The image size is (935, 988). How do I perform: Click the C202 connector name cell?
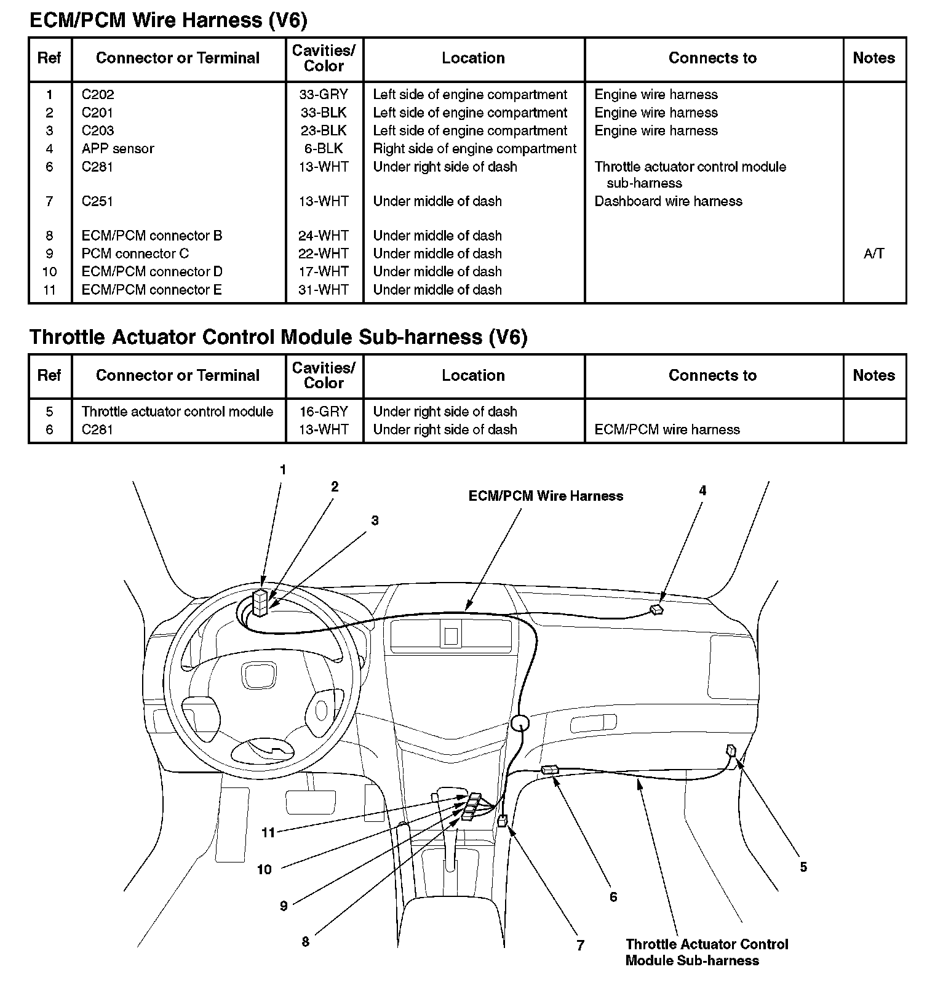click(x=98, y=95)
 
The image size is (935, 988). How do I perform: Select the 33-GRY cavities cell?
click(x=324, y=95)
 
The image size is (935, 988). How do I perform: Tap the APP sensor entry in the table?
click(x=117, y=149)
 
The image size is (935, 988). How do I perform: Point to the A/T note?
click(x=873, y=253)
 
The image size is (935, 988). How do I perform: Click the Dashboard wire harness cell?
click(x=668, y=201)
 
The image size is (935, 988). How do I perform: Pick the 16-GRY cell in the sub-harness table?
click(x=324, y=412)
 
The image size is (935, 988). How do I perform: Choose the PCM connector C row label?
click(x=135, y=253)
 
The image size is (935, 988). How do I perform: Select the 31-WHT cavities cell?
click(x=324, y=290)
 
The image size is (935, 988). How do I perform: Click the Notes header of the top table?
click(x=873, y=58)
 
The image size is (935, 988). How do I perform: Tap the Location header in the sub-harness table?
click(x=473, y=375)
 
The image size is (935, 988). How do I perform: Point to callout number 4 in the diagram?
click(x=702, y=491)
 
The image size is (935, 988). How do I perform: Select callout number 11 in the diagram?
click(x=268, y=833)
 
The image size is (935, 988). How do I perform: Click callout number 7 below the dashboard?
click(x=580, y=946)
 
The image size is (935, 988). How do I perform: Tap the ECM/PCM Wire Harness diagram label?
click(x=546, y=496)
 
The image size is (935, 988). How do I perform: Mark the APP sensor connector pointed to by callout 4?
click(x=656, y=610)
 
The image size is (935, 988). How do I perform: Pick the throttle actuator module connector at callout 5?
click(x=731, y=751)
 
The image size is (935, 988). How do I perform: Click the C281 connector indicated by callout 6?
click(x=549, y=770)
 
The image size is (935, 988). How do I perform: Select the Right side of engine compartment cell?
click(x=474, y=149)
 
